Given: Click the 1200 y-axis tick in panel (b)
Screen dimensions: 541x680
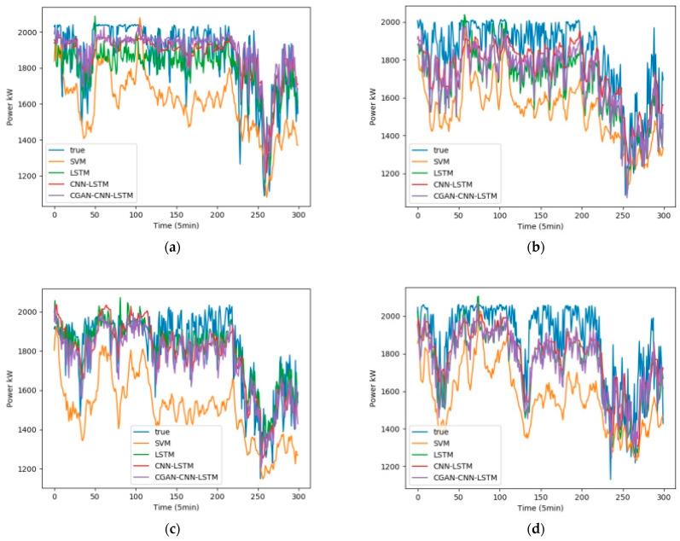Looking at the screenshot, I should click(x=389, y=173).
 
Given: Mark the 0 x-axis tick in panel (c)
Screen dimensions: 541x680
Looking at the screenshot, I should click(x=54, y=496).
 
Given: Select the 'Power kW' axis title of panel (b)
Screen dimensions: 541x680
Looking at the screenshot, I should click(x=373, y=109).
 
